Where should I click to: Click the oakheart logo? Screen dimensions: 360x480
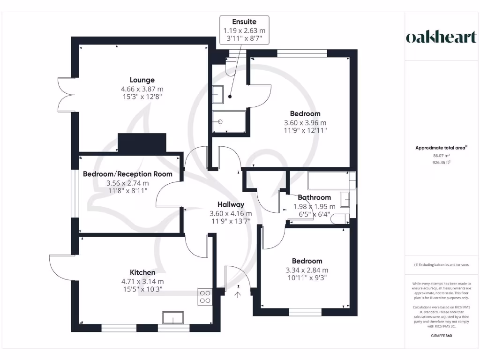[441, 37]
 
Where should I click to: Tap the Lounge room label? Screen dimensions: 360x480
[142, 80]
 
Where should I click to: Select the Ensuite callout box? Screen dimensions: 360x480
[244, 30]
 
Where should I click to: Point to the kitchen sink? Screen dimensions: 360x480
[173, 318]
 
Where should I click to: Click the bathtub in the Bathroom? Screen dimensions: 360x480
[331, 180]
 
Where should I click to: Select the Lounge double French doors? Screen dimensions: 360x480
[66, 94]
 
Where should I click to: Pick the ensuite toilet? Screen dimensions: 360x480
[232, 68]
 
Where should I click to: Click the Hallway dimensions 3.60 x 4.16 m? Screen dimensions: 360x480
[231, 213]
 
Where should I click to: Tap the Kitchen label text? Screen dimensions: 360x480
[142, 272]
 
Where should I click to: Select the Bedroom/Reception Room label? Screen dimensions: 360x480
[127, 174]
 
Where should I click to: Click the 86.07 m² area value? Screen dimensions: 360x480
[441, 156]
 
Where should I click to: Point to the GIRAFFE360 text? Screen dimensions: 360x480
[441, 336]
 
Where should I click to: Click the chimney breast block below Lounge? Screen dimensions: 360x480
[142, 142]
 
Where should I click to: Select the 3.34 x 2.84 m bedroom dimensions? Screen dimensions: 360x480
[307, 270]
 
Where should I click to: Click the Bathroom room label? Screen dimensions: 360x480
[314, 197]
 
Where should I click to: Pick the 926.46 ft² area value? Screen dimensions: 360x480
[441, 163]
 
